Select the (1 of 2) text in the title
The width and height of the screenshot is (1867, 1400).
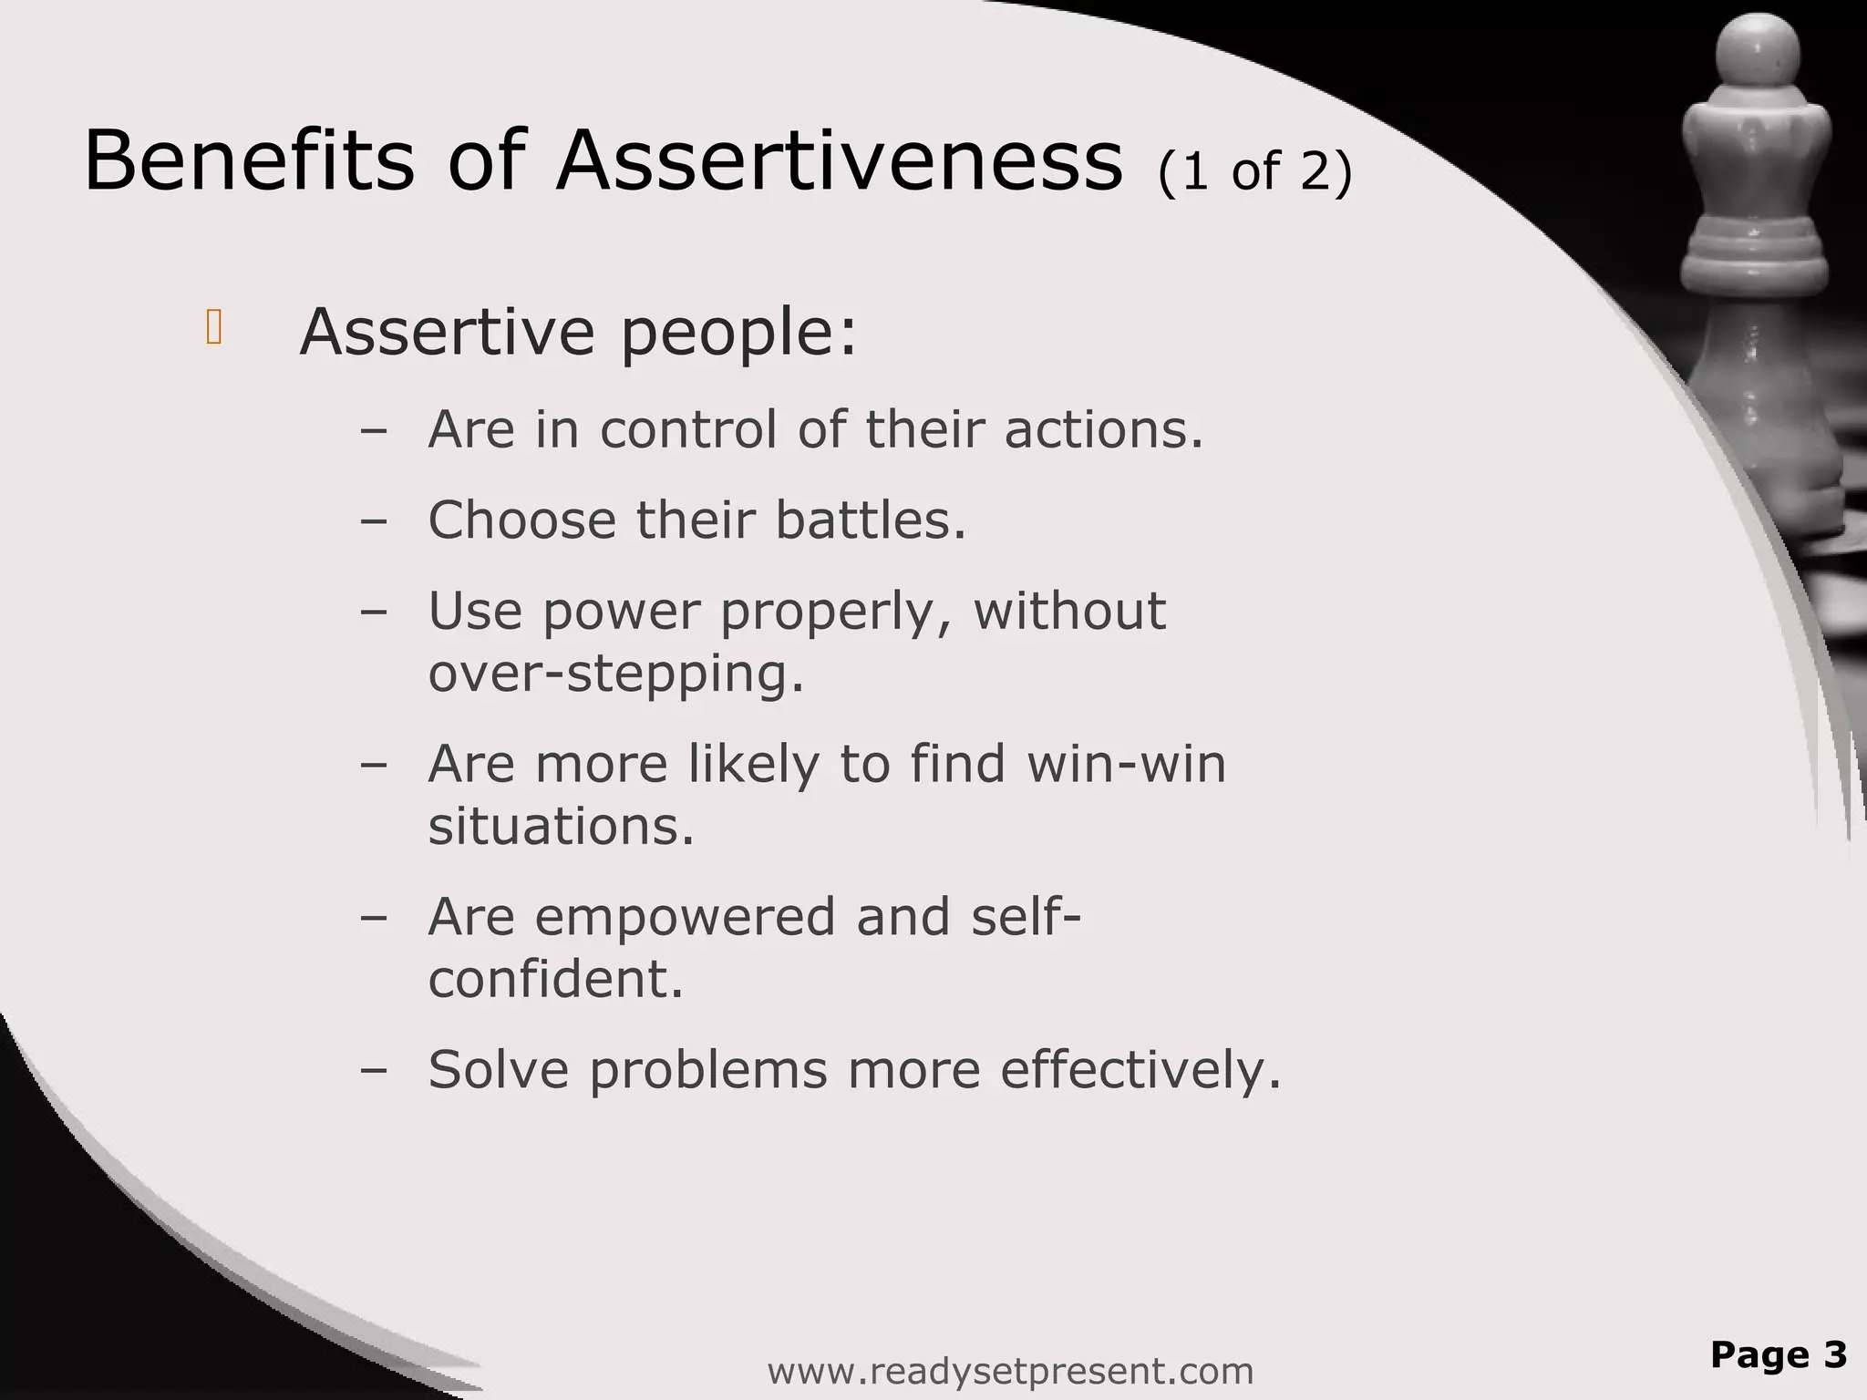1255,170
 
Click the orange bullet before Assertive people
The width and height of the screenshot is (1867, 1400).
214,328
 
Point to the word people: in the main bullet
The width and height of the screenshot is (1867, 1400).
739,334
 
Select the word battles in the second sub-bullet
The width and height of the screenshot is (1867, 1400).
870,520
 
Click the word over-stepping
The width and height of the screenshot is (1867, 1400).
616,674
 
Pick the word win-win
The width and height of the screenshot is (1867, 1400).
1126,763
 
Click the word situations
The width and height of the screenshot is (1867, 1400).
561,826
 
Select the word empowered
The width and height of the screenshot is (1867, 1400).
685,916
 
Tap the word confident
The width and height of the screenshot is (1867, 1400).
555,979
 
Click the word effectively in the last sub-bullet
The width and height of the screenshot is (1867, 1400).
1140,1068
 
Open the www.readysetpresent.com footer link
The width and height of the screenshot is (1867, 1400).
1010,1371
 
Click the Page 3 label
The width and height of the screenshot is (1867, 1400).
1778,1354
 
